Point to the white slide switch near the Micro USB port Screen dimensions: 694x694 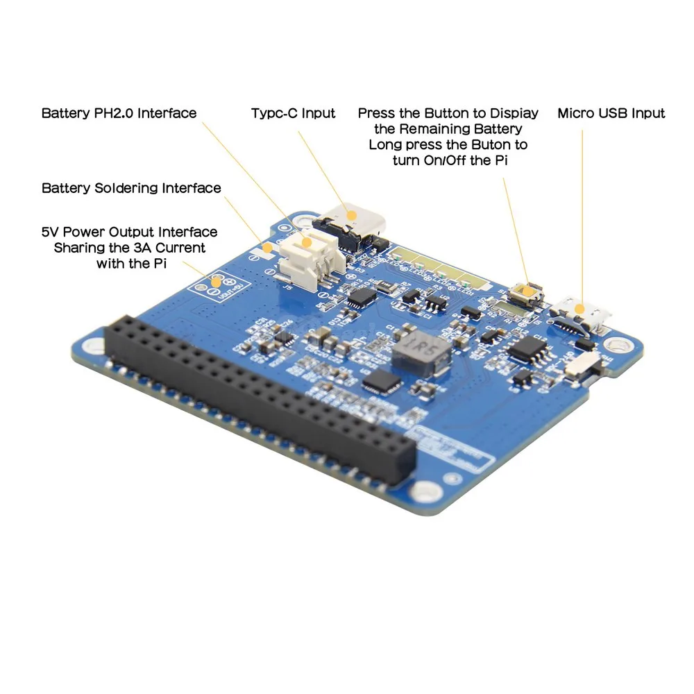click(x=582, y=365)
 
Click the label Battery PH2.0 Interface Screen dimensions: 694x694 click(x=119, y=113)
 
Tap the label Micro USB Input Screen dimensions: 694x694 click(x=611, y=113)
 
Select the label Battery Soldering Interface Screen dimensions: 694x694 click(x=131, y=188)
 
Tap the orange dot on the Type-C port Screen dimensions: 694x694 click(x=352, y=215)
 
